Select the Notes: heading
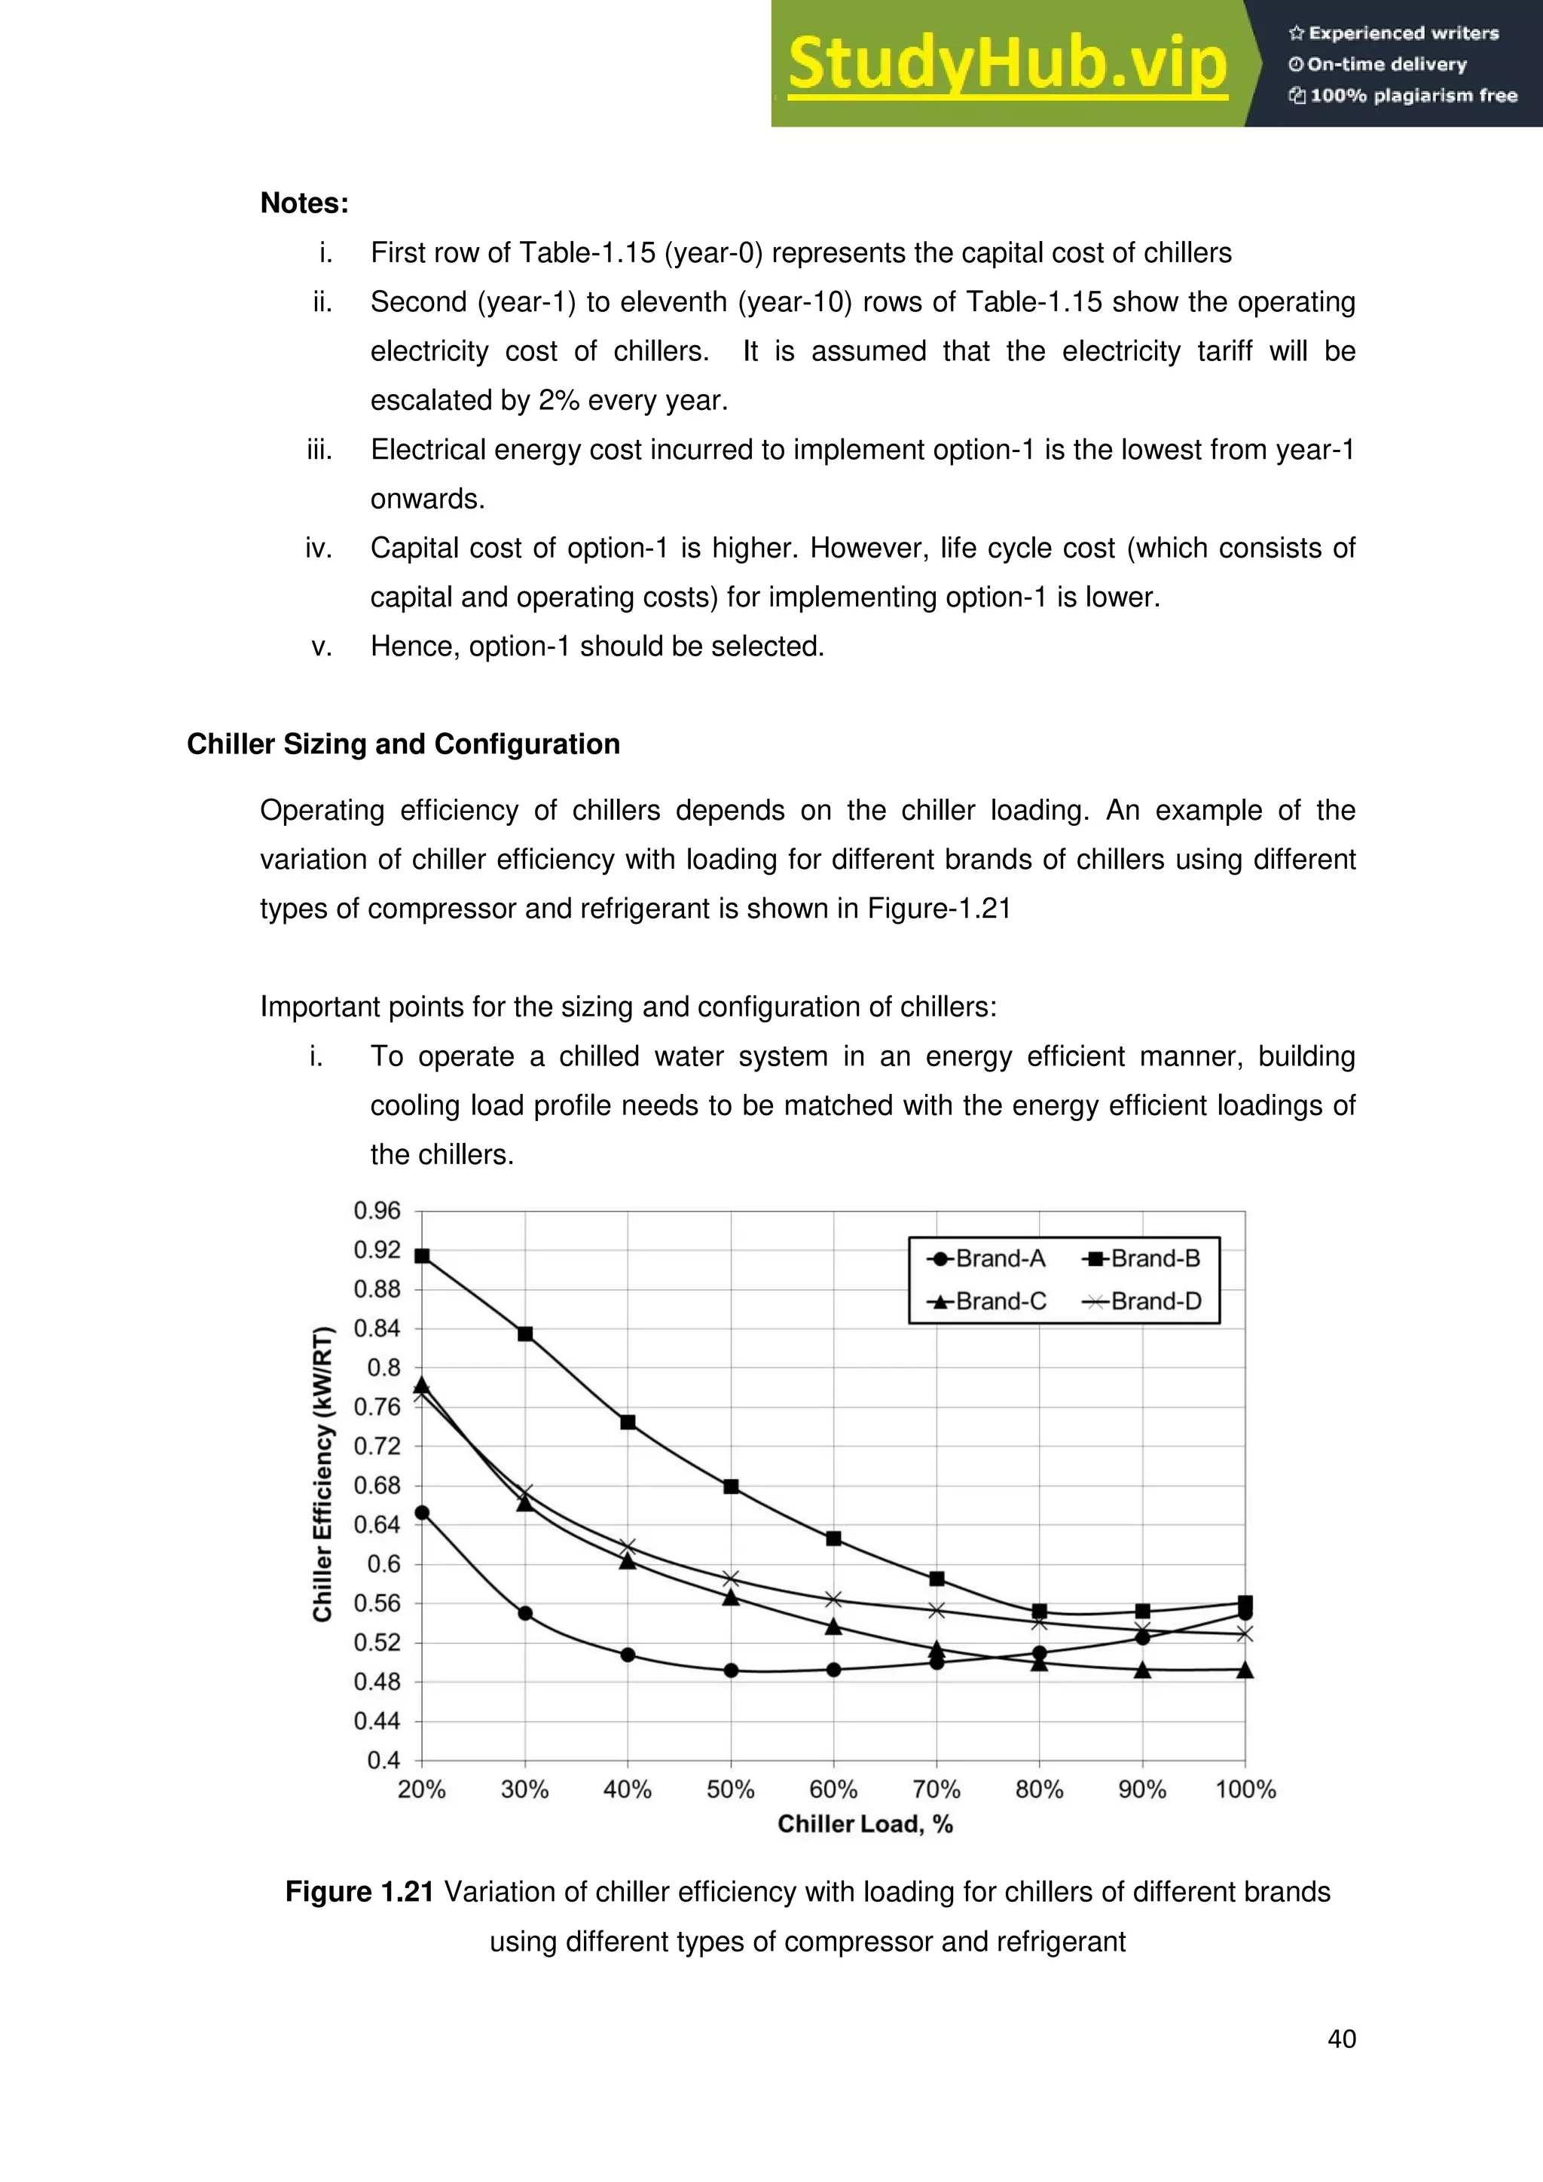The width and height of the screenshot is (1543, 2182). coord(304,203)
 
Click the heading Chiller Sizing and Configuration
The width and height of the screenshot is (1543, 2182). coord(403,744)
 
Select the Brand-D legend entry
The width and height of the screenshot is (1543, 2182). coord(1142,1301)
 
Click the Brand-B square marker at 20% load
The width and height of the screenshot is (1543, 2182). coord(422,1256)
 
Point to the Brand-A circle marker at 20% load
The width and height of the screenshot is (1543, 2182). coord(422,1513)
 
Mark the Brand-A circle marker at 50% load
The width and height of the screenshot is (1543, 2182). coord(731,1670)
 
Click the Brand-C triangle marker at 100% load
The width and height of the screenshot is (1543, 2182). coord(1245,1670)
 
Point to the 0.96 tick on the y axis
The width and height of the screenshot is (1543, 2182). coord(377,1211)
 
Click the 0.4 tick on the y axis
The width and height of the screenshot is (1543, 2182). coord(383,1760)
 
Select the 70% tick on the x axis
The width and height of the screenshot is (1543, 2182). coord(936,1789)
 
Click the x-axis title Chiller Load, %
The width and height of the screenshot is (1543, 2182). coord(865,1823)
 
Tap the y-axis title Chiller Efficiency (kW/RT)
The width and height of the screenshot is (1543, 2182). coord(323,1473)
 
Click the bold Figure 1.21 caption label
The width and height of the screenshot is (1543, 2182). coord(359,1892)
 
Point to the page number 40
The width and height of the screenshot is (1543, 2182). coord(1340,2039)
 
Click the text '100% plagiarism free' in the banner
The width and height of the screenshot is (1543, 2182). coord(1412,95)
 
